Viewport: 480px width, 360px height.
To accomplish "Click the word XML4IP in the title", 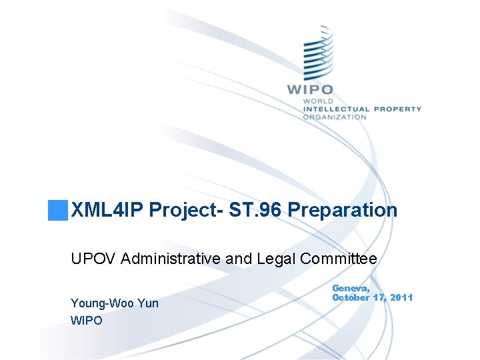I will [x=107, y=211].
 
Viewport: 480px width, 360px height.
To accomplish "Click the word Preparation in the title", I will [x=343, y=211].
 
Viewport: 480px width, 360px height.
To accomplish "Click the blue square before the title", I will [x=57, y=210].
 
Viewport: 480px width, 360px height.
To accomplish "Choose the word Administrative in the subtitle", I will [x=169, y=259].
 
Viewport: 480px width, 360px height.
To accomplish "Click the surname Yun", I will [x=149, y=303].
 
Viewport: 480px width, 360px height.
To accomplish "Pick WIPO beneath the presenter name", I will [x=87, y=321].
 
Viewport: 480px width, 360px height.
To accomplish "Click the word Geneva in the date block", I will [x=351, y=287].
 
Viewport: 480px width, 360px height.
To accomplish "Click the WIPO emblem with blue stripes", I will [x=318, y=53].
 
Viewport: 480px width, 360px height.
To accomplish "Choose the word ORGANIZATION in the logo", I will [x=334, y=117].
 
